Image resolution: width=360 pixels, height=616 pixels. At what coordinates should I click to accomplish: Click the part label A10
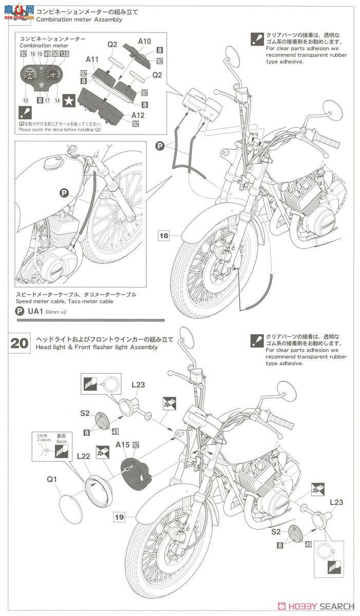pos(145,41)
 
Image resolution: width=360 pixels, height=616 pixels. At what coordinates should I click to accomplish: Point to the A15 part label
pos(123,445)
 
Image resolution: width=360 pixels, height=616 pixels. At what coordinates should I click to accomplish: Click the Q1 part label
pos(52,480)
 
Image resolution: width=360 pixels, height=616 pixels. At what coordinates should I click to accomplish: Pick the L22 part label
pos(84,456)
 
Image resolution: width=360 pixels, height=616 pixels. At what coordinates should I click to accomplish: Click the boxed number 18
pos(163,236)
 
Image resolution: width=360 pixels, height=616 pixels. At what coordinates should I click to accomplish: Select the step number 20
pos(20,343)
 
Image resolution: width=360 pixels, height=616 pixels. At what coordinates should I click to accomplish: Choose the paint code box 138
pos(64,54)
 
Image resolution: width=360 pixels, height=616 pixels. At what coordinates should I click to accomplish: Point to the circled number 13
pos(25,101)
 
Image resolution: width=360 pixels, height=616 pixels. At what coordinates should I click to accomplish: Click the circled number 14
pos(57,101)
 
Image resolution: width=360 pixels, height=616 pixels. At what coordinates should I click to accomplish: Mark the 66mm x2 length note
pos(56,312)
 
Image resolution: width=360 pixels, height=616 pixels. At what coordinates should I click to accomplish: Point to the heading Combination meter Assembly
pos(79,20)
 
